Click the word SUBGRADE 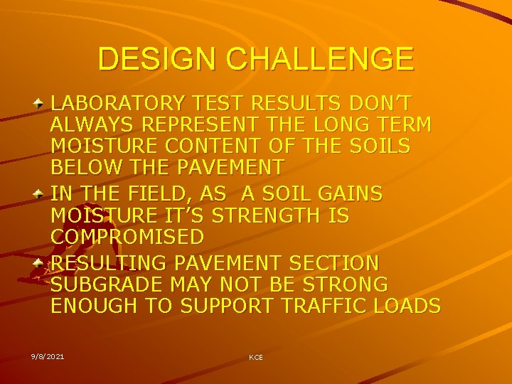pos(107,284)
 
